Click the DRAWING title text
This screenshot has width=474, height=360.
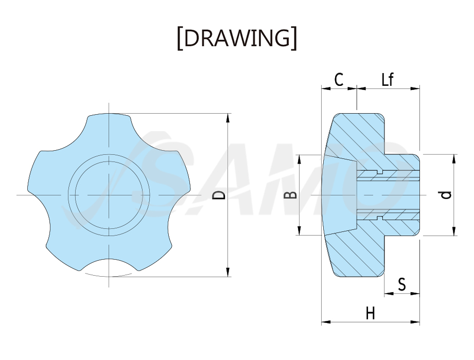click(x=237, y=38)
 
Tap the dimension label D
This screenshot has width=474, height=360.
click(x=219, y=195)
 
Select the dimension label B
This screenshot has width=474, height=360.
click(x=291, y=195)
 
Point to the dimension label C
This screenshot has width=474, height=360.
click(x=339, y=80)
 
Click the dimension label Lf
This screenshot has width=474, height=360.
click(x=387, y=79)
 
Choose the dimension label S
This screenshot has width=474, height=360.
click(x=402, y=284)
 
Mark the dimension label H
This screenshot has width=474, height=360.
click(x=371, y=313)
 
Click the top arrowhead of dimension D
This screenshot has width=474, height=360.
click(x=228, y=118)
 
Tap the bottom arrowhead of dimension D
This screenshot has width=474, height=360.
click(x=228, y=272)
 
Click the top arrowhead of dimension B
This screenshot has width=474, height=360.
click(x=299, y=159)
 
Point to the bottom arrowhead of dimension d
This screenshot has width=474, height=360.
click(x=454, y=231)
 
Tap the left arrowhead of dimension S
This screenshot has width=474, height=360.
click(x=389, y=293)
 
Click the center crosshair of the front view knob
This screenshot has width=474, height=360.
click(x=109, y=195)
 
